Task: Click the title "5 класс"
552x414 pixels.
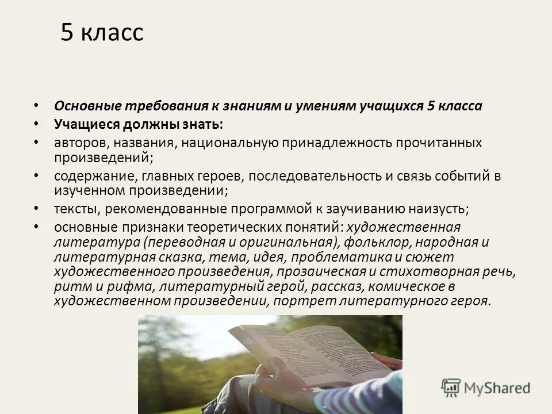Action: point(102,33)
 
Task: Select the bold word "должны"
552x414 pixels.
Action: point(148,124)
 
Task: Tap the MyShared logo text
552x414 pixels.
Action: point(497,388)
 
